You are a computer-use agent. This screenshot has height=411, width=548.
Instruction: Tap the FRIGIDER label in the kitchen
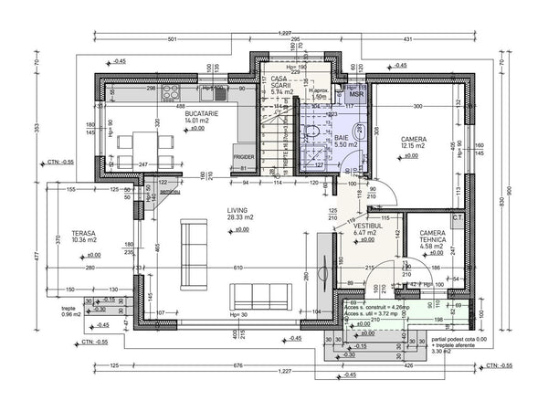(x=243, y=157)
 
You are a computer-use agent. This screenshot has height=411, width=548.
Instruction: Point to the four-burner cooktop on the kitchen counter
(x=172, y=92)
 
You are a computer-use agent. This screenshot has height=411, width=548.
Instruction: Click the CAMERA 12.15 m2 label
(x=412, y=142)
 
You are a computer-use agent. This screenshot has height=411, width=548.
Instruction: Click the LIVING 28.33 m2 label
(x=243, y=214)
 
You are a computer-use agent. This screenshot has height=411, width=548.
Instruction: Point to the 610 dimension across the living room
(x=237, y=268)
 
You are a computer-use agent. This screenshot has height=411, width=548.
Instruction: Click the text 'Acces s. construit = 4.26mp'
(x=376, y=307)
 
